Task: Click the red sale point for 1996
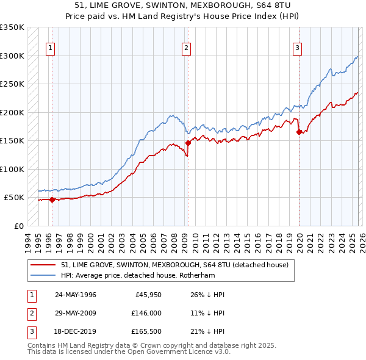[52, 200]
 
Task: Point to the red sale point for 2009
[188, 142]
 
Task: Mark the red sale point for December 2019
[299, 131]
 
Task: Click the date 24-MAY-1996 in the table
[76, 295]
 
